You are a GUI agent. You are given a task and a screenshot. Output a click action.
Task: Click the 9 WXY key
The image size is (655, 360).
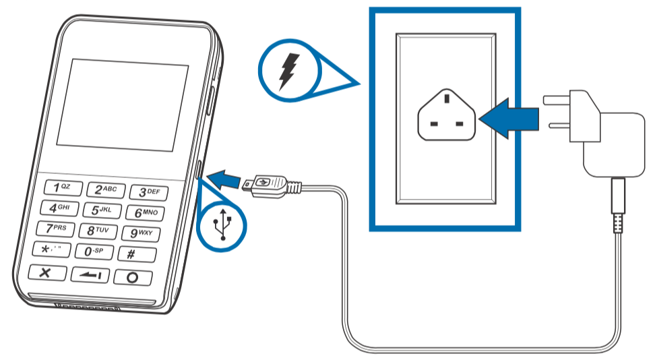[142, 233]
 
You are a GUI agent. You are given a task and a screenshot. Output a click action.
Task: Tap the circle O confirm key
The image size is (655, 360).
[132, 277]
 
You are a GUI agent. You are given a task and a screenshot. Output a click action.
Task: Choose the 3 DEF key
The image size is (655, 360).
[148, 193]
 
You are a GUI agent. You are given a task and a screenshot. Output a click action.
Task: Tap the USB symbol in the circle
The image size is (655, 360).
[222, 226]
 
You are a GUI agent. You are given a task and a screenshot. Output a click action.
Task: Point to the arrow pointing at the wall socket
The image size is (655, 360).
[512, 119]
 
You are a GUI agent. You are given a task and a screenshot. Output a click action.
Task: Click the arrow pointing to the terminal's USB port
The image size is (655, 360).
[224, 179]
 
